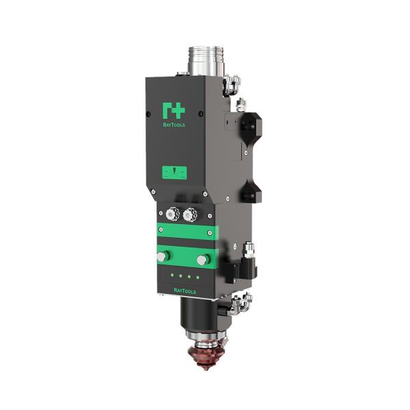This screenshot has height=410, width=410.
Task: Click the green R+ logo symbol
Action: (x=174, y=110)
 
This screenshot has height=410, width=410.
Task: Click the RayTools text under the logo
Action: (x=174, y=125)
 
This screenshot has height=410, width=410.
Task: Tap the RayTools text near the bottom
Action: (x=185, y=291)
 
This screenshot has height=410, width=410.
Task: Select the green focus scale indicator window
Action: (x=174, y=173)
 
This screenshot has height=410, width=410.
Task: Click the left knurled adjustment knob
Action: (x=172, y=214)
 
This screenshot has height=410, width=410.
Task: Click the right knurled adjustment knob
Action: (x=190, y=215)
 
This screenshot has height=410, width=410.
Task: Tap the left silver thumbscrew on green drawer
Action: (x=163, y=256)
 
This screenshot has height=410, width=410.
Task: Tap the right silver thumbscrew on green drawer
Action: (x=203, y=260)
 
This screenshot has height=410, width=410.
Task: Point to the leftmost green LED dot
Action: (x=172, y=275)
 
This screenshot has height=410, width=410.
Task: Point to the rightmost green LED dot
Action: (x=197, y=277)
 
